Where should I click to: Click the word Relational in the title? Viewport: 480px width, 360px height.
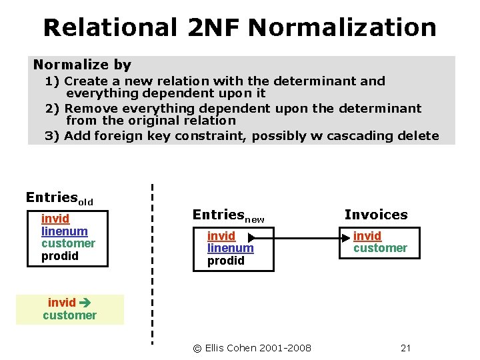(x=110, y=28)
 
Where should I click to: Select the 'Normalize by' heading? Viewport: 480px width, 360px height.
(x=82, y=65)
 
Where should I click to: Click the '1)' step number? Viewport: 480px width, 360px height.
(x=53, y=81)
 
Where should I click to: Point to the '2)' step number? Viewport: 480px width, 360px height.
(x=53, y=108)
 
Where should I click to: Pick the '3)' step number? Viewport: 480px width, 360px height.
(x=53, y=136)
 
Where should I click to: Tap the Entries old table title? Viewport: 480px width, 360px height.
(x=59, y=198)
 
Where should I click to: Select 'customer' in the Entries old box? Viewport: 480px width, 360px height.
(x=68, y=243)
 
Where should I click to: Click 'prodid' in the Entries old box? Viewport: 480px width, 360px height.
(x=60, y=256)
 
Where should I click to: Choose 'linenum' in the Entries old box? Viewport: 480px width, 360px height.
(x=65, y=231)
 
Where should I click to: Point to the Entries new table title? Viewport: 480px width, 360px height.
(x=228, y=215)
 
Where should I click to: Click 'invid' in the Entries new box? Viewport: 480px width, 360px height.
(x=221, y=236)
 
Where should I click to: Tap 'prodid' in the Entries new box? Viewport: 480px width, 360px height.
(x=226, y=261)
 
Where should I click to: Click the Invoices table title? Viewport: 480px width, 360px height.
(x=376, y=215)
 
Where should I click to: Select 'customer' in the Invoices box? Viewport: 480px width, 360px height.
(x=380, y=248)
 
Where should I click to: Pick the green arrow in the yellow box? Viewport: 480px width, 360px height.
(x=85, y=303)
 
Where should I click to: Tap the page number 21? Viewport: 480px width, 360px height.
(x=406, y=348)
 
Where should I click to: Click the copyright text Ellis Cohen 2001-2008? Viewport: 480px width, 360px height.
(x=252, y=348)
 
